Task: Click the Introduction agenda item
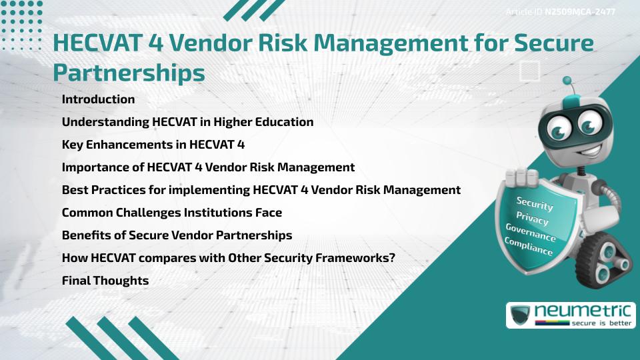pyautogui.click(x=98, y=99)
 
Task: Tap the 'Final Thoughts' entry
pyautogui.click(x=105, y=281)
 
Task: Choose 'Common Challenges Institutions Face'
pyautogui.click(x=171, y=213)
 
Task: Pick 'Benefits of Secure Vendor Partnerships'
pyautogui.click(x=177, y=235)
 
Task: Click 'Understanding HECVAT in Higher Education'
pyautogui.click(x=187, y=122)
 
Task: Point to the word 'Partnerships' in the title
pyautogui.click(x=129, y=73)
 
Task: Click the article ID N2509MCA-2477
pyautogui.click(x=579, y=12)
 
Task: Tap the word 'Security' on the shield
pyautogui.click(x=535, y=204)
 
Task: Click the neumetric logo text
pyautogui.click(x=585, y=311)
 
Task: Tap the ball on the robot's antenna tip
pyautogui.click(x=567, y=81)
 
